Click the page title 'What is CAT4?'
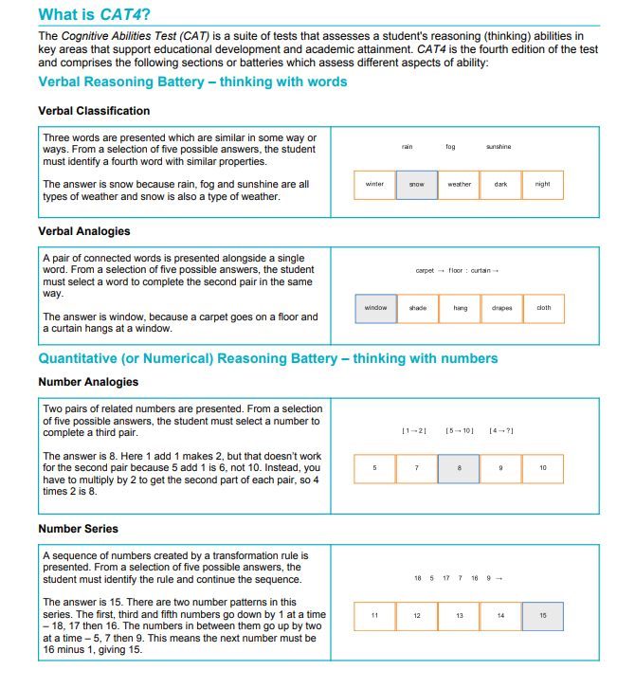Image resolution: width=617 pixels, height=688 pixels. tap(94, 15)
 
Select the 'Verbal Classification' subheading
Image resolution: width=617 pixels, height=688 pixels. tap(94, 111)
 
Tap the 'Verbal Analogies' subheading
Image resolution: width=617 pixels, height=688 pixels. tap(84, 231)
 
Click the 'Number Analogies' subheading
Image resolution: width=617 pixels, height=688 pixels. tap(88, 382)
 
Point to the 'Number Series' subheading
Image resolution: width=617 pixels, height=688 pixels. tap(79, 529)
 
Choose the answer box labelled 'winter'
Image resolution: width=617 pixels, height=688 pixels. tap(375, 185)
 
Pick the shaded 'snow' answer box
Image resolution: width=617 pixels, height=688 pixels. tap(417, 185)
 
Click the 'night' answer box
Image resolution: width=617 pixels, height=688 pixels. tap(543, 185)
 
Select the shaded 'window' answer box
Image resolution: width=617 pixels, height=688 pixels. tap(375, 308)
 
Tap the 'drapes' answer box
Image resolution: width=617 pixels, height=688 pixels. tap(501, 308)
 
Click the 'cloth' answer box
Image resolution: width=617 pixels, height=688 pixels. tap(543, 308)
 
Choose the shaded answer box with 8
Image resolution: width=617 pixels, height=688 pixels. tap(459, 468)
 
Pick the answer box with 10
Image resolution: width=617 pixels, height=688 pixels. tap(543, 468)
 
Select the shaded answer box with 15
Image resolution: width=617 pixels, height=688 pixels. tap(543, 616)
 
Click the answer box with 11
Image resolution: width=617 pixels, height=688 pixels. tap(375, 616)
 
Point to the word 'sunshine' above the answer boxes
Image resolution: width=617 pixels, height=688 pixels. tap(499, 147)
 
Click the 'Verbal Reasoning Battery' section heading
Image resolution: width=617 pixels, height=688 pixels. tap(192, 81)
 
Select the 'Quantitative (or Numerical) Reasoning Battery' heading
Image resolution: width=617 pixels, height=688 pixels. tap(267, 358)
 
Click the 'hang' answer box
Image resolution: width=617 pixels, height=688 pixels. tap(460, 308)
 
